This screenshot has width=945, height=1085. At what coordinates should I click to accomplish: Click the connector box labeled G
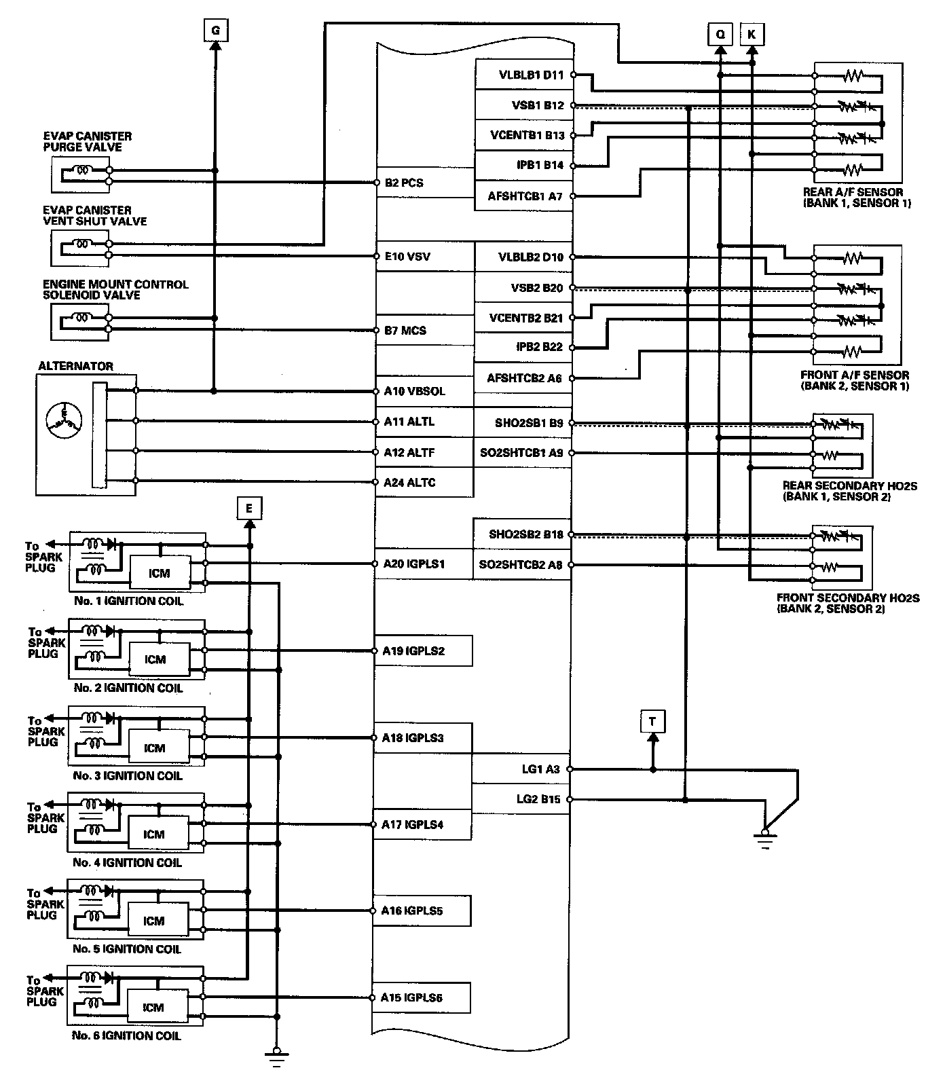click(215, 31)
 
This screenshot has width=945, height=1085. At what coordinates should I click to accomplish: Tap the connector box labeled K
click(751, 33)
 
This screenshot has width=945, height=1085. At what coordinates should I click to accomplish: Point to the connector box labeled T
click(652, 722)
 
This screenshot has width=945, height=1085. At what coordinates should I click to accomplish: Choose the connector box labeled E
click(249, 508)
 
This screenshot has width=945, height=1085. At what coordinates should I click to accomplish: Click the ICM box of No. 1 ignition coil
click(160, 573)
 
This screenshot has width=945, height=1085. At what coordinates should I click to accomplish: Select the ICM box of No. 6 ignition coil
click(153, 1008)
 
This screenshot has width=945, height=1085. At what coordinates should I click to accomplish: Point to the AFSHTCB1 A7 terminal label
click(525, 196)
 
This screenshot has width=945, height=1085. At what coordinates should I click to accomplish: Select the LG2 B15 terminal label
click(538, 799)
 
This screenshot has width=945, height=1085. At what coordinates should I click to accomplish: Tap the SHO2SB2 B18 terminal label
click(525, 534)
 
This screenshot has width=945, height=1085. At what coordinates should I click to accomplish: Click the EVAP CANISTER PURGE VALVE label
click(88, 141)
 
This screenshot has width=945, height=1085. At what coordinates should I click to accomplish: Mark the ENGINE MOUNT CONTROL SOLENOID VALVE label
click(115, 289)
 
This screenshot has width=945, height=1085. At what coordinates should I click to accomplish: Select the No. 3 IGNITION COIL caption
click(128, 775)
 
